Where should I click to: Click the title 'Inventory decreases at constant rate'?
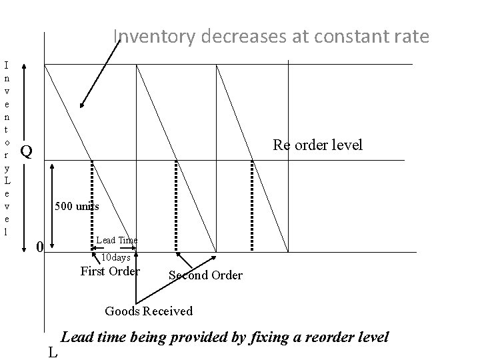point(271,36)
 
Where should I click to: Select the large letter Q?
point(25,151)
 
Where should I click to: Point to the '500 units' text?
point(77,206)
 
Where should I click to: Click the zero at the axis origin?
point(39,247)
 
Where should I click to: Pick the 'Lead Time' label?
point(117,239)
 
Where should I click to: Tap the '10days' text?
point(115,257)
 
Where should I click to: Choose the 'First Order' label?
point(110,271)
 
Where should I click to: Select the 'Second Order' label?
point(205,275)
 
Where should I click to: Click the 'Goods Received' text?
point(149,311)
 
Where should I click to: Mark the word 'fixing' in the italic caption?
point(268,337)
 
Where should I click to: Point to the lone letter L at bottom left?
point(53,352)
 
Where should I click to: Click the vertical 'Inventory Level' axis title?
point(7,148)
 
